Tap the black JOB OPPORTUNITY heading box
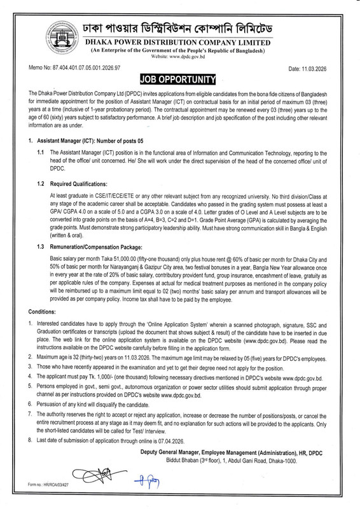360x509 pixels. coord(179,80)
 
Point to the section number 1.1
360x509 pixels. coord(41,153)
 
